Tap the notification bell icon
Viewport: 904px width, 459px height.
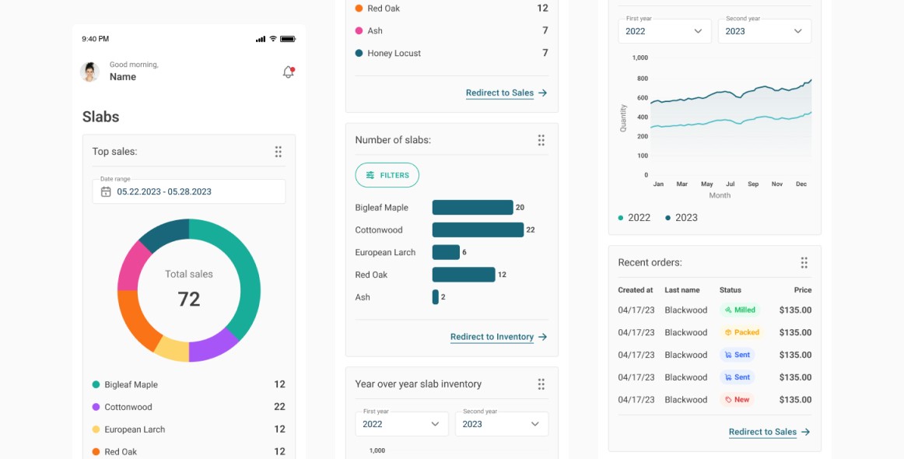click(289, 72)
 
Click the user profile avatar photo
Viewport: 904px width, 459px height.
click(89, 72)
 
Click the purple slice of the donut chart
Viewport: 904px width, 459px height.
click(211, 347)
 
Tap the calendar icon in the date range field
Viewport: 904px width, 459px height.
click(106, 192)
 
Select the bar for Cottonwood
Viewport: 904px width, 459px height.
click(478, 229)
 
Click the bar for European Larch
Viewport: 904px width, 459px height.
click(446, 252)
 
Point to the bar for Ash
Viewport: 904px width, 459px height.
click(436, 297)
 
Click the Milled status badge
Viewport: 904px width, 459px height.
click(740, 310)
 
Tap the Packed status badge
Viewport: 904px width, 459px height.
click(741, 332)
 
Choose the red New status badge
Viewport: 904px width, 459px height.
click(737, 400)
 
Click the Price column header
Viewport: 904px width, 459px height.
click(803, 290)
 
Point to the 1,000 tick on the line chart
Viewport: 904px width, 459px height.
click(640, 58)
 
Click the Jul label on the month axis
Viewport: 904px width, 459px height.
click(731, 184)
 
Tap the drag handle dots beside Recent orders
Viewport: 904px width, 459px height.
click(804, 262)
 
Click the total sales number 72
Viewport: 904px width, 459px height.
click(188, 299)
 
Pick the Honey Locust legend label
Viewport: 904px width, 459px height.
click(394, 53)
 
